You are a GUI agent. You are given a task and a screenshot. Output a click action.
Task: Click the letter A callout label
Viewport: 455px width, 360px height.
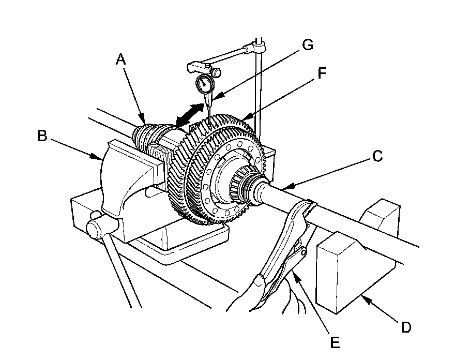[x=120, y=61]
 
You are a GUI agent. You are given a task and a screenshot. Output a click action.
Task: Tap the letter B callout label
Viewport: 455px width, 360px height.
[x=43, y=136]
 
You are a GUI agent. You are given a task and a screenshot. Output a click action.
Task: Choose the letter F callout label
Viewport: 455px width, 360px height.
[x=322, y=74]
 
